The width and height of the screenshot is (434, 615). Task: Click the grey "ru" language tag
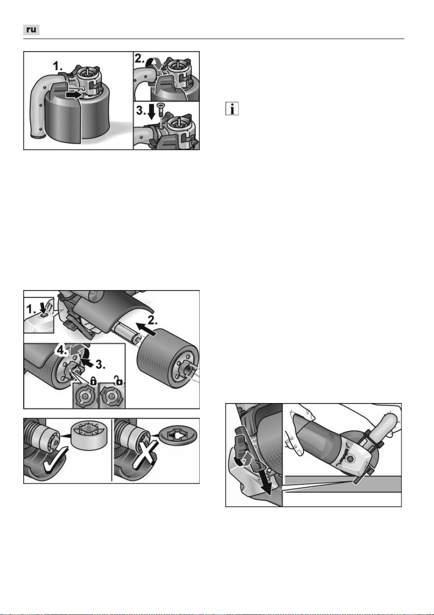tap(31, 30)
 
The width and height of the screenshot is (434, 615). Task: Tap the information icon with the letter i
tap(232, 108)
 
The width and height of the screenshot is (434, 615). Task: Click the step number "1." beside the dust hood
tap(58, 66)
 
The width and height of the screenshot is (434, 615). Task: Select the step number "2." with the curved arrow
tap(139, 59)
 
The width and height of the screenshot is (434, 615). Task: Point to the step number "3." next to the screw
tap(141, 111)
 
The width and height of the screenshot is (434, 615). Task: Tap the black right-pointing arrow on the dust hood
tap(74, 95)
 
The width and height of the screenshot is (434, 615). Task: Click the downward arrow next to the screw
tap(151, 112)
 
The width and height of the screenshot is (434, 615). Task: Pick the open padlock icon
tap(118, 381)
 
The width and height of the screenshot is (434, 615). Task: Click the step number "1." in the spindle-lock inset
tap(31, 310)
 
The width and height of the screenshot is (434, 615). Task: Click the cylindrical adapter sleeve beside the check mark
tap(87, 434)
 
